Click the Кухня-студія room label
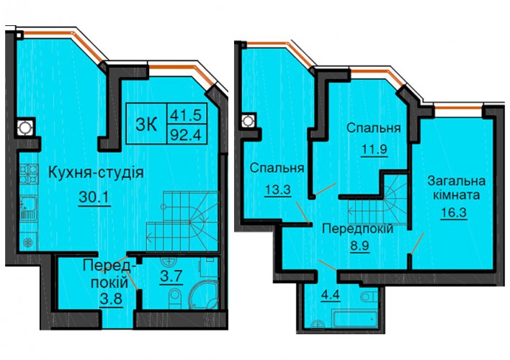tap(96, 173)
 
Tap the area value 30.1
tap(94, 197)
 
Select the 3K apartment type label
tap(146, 124)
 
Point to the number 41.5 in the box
tap(187, 114)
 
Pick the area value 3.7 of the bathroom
tap(171, 277)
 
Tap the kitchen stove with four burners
tap(29, 174)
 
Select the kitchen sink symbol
tap(29, 208)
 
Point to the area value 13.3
tap(277, 190)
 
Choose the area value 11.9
tap(375, 150)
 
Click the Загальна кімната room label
tap(456, 188)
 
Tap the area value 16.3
tap(454, 212)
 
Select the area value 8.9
tap(359, 246)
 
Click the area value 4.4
tap(330, 296)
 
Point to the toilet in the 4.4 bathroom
tap(370, 296)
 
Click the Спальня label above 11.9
tap(373, 128)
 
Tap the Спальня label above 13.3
tap(277, 168)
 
